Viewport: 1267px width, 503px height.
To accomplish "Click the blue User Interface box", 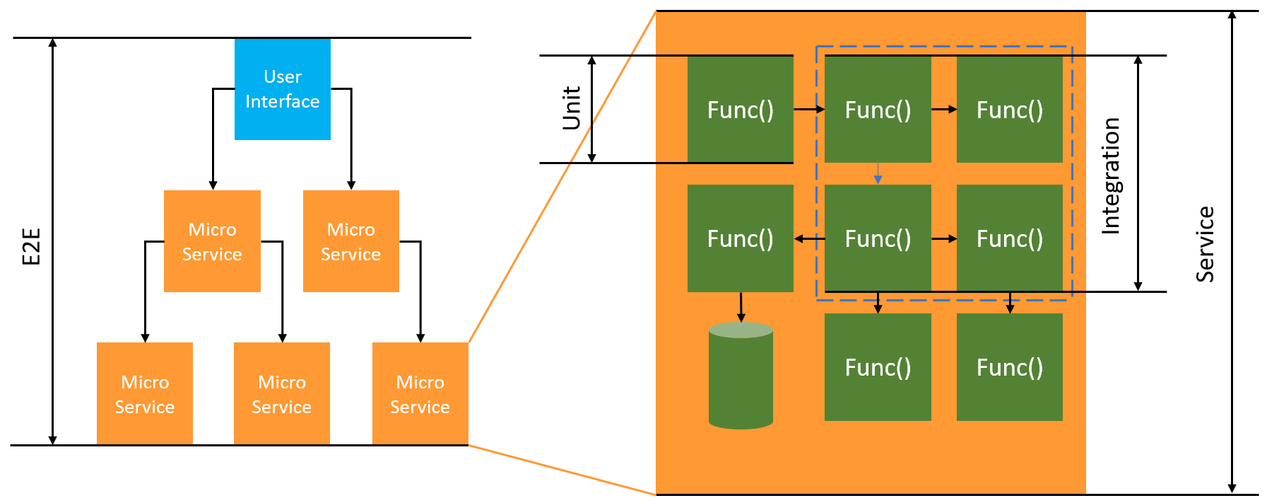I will click(x=282, y=89).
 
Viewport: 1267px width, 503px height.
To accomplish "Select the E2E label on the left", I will click(x=31, y=247).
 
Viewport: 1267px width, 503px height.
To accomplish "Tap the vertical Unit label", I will click(x=571, y=108).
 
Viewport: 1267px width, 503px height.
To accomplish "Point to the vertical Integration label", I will click(x=1111, y=175).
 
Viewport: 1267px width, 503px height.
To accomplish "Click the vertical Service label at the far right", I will click(x=1205, y=244).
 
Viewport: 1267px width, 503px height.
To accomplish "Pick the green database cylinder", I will click(x=741, y=376).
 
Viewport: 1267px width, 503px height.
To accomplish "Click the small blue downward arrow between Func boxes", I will click(x=878, y=173).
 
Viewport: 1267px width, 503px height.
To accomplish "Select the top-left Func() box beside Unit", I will click(x=740, y=110).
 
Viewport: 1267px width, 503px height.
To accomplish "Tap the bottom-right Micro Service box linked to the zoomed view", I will click(x=420, y=393).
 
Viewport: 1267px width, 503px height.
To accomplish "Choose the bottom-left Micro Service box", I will click(x=145, y=393).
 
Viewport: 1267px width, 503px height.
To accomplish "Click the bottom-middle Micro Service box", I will click(x=282, y=393).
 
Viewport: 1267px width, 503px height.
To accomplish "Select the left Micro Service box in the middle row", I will click(x=212, y=241).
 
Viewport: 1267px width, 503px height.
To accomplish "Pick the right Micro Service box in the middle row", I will click(x=350, y=241).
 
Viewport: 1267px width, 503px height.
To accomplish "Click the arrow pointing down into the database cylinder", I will click(x=741, y=307).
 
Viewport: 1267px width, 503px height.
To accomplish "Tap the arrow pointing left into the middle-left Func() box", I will click(x=809, y=239).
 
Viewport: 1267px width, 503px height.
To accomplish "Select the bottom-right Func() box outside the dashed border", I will click(x=1009, y=367).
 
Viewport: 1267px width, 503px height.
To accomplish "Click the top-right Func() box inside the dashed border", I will click(x=1009, y=110).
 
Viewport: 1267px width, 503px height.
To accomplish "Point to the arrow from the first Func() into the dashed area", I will click(x=808, y=109).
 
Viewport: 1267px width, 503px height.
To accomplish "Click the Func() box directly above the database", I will click(x=740, y=238).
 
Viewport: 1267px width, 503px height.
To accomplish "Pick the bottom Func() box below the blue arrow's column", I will click(x=878, y=367).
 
